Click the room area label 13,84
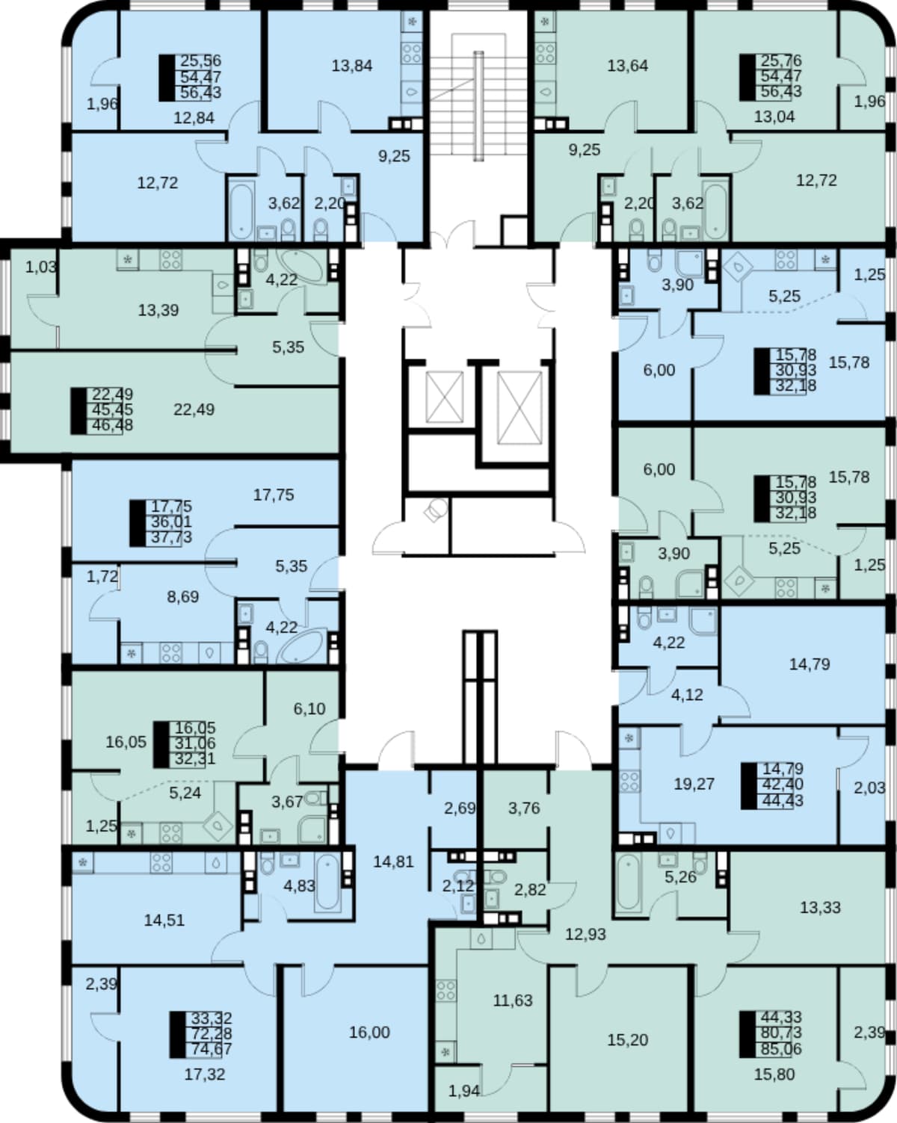click(352, 66)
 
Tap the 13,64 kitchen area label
click(628, 66)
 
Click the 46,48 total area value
click(112, 425)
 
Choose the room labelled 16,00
click(369, 1032)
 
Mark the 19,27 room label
click(694, 784)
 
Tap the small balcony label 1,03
click(41, 267)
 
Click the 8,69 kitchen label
click(182, 596)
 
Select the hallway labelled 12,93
click(585, 934)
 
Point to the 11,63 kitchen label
click(513, 1000)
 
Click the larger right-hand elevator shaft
click(520, 407)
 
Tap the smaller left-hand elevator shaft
click(444, 397)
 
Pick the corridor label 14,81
click(393, 861)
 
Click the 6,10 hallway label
click(309, 708)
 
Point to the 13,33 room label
click(820, 907)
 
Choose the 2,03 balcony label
click(869, 788)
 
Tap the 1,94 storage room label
click(464, 1091)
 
